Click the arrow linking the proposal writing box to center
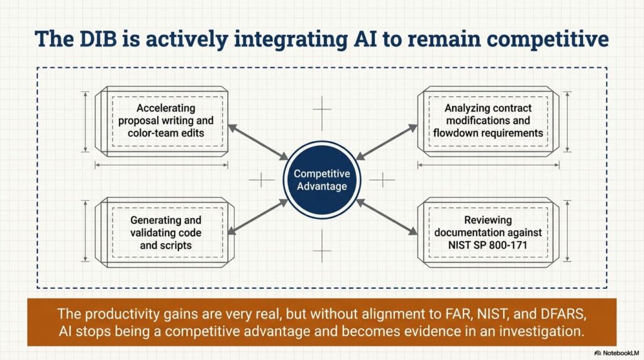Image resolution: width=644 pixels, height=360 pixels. (x=258, y=142)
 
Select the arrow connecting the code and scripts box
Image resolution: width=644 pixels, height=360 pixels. (x=258, y=218)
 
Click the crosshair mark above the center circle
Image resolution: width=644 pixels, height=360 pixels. (x=322, y=113)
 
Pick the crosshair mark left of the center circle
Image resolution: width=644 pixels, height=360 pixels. (x=262, y=181)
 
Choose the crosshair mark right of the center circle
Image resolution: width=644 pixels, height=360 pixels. (x=382, y=181)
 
